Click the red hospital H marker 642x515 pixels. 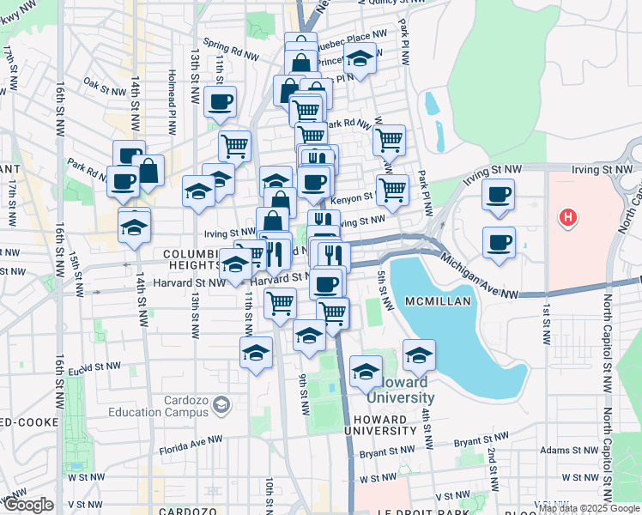pyautogui.click(x=567, y=218)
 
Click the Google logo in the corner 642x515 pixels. pyautogui.click(x=27, y=505)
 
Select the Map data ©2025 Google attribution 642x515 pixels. pyautogui.click(x=589, y=509)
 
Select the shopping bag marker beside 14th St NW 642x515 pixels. pyautogui.click(x=148, y=171)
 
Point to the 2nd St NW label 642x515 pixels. pyautogui.click(x=493, y=463)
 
